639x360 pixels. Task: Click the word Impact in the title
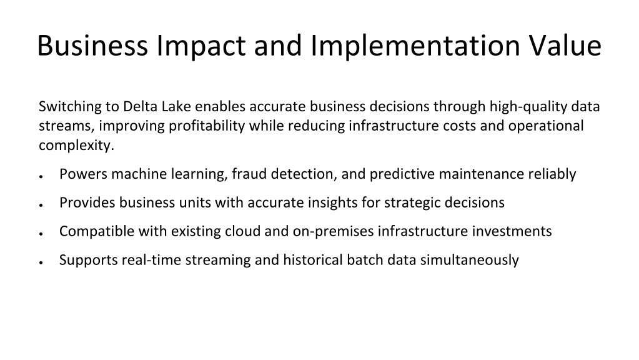click(201, 46)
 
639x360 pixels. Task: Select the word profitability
click(207, 126)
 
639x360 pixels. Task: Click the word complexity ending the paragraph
click(76, 146)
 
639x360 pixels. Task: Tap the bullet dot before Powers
click(41, 176)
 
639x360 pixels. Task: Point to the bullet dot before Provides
click(41, 205)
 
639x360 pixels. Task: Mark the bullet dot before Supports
click(41, 262)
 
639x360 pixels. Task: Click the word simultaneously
click(470, 261)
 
